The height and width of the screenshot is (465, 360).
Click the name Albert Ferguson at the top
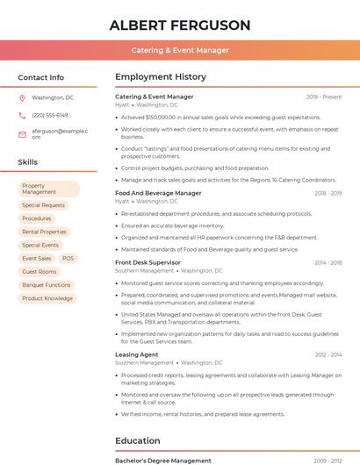point(180,25)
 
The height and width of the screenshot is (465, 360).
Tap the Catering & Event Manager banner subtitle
point(180,50)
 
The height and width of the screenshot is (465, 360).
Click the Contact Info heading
point(41,77)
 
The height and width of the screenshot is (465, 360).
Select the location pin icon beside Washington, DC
point(22,97)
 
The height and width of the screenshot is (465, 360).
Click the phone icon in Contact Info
point(22,115)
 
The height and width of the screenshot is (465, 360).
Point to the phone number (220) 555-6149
point(50,115)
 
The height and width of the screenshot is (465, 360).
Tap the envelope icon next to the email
point(22,133)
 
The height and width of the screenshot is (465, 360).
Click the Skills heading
point(28,162)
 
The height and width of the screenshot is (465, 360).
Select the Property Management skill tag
point(49,189)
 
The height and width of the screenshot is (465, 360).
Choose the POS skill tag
point(68,259)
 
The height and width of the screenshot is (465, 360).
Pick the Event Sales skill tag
point(37,259)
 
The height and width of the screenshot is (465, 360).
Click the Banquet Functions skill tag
point(47,285)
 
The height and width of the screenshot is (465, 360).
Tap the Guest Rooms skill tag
point(40,272)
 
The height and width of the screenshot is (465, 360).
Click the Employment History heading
point(161,77)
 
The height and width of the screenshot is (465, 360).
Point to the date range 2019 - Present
point(324,97)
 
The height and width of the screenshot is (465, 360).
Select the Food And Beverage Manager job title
point(158,193)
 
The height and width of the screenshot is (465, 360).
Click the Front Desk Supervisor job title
point(148,262)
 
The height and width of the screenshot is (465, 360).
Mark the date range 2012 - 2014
point(328,354)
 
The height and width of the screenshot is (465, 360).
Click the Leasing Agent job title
point(136,354)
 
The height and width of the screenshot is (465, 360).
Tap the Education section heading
point(138,440)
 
